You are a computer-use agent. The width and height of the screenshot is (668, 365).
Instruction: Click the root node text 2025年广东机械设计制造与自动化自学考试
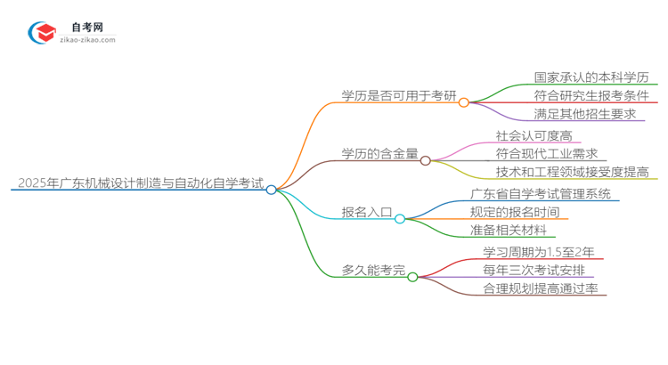(140, 184)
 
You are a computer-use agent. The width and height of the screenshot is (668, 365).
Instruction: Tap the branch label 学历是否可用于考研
(398, 95)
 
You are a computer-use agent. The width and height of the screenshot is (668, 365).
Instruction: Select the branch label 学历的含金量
(379, 154)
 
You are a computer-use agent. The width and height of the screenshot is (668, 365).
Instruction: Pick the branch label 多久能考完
(373, 270)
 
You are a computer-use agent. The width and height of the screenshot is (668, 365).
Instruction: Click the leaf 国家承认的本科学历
(591, 77)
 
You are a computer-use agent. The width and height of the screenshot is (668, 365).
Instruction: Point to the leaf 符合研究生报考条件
(591, 95)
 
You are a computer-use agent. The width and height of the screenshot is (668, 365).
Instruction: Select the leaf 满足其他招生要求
(585, 114)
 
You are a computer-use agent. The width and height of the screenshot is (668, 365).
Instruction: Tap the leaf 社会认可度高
(534, 135)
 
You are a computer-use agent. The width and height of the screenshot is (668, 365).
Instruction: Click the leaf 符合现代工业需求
(547, 154)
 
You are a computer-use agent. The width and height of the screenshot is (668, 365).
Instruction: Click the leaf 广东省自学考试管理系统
(541, 194)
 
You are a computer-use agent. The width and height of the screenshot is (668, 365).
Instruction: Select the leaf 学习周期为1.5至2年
(540, 252)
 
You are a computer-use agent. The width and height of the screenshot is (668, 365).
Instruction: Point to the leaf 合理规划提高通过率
(540, 288)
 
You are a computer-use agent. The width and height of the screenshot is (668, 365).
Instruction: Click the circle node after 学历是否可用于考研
(463, 102)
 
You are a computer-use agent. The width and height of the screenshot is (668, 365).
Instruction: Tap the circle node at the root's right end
(272, 190)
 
